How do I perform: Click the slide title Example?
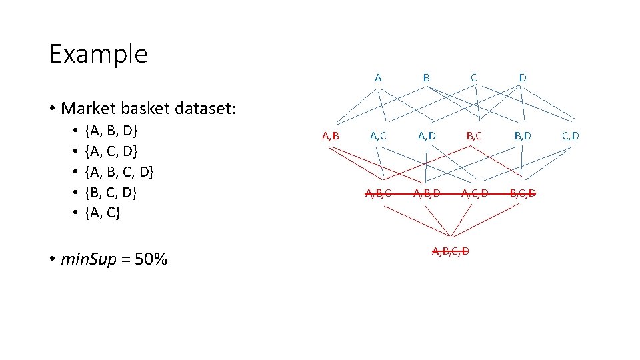click(98, 53)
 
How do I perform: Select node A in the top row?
click(378, 78)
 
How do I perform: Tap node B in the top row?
click(426, 78)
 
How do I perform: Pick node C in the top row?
click(473, 78)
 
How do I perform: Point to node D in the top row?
click(523, 78)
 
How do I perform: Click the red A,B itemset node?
click(331, 137)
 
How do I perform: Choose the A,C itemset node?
click(379, 137)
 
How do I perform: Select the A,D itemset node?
click(427, 137)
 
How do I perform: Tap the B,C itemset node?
click(475, 137)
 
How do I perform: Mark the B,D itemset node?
click(523, 137)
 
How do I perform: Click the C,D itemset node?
click(571, 137)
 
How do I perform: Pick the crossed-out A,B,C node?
click(378, 194)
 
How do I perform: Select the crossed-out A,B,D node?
click(427, 194)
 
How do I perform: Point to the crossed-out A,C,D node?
click(475, 194)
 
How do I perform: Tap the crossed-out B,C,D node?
click(523, 194)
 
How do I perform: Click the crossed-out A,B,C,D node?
click(451, 251)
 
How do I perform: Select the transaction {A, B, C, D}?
click(119, 172)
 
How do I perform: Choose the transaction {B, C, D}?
click(111, 193)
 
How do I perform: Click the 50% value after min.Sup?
click(151, 259)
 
